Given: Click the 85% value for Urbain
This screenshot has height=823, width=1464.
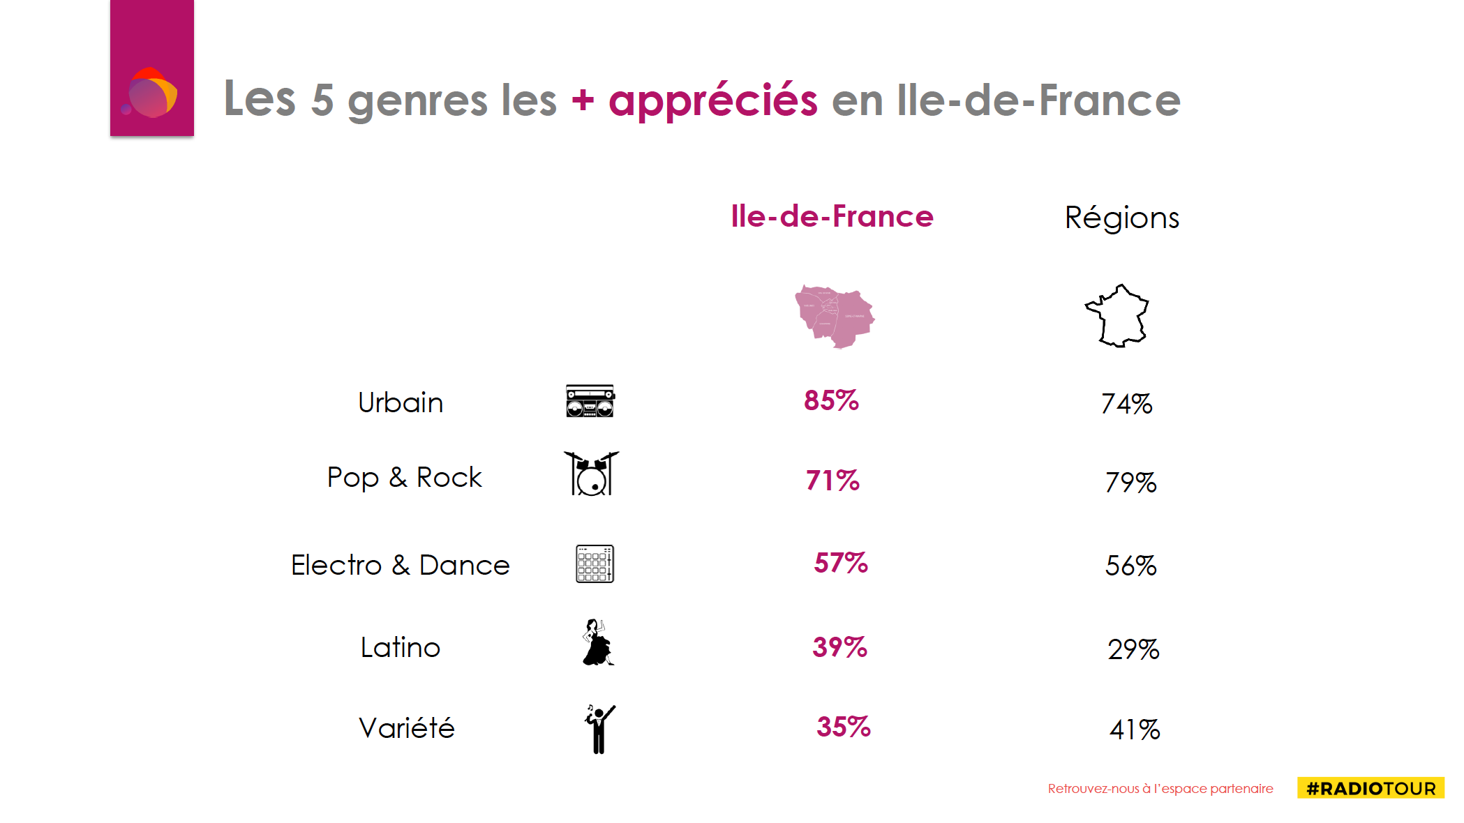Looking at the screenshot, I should tap(831, 401).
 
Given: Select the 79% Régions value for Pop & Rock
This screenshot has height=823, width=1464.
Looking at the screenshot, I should tap(1130, 483).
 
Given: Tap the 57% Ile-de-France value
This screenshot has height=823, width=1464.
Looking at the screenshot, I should tap(841, 564).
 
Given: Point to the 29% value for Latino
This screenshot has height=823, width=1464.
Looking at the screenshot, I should tap(1133, 649).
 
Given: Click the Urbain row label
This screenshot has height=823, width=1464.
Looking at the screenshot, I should tap(401, 403).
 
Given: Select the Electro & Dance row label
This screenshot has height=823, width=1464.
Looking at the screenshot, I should tap(400, 565).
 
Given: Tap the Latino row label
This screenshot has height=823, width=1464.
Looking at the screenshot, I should tap(401, 648).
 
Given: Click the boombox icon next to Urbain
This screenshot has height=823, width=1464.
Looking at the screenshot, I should tap(590, 401).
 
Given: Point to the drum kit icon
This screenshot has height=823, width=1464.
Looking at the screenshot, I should tap(591, 474).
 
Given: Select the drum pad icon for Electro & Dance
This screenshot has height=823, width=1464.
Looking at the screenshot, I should tap(595, 564).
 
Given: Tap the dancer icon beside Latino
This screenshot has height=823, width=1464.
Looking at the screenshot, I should tap(597, 642).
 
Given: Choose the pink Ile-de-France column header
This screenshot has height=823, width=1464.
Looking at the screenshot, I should tap(832, 217).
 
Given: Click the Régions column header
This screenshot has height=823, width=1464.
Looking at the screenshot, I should tap(1121, 218).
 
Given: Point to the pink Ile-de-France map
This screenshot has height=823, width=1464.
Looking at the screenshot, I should tap(834, 316).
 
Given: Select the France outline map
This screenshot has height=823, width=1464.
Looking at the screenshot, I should tap(1119, 316).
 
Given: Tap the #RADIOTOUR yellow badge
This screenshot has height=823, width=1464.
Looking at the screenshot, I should tap(1370, 788).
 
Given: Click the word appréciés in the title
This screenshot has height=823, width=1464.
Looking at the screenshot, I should tap(712, 100).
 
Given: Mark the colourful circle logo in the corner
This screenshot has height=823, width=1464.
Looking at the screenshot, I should tap(151, 93).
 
